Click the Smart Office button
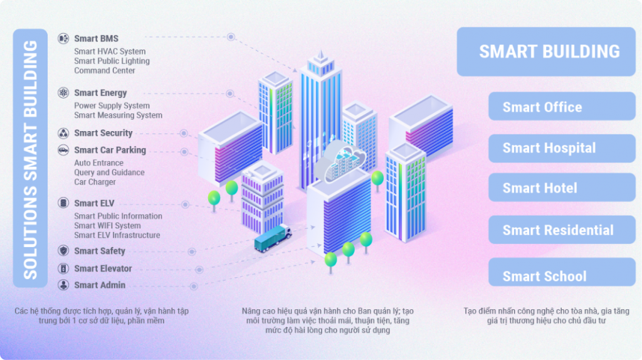pyautogui.click(x=562, y=107)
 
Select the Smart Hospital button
pyautogui.click(x=562, y=148)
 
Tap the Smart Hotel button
pyautogui.click(x=562, y=188)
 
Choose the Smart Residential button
pyautogui.click(x=562, y=230)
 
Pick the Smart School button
pyautogui.click(x=562, y=275)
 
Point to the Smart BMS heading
pyautogui.click(x=96, y=38)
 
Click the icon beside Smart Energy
pyautogui.click(x=63, y=93)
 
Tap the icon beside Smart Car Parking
pyautogui.click(x=63, y=150)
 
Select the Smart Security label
pyautogui.click(x=103, y=133)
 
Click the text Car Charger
pyautogui.click(x=95, y=182)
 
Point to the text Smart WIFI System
pyautogui.click(x=107, y=225)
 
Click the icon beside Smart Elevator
pyautogui.click(x=63, y=268)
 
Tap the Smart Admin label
pyautogui.click(x=99, y=285)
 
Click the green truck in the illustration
pyautogui.click(x=273, y=238)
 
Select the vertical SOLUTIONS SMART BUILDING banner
pyautogui.click(x=30, y=158)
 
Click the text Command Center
pyautogui.click(x=104, y=70)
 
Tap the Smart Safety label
pyautogui.click(x=99, y=251)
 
